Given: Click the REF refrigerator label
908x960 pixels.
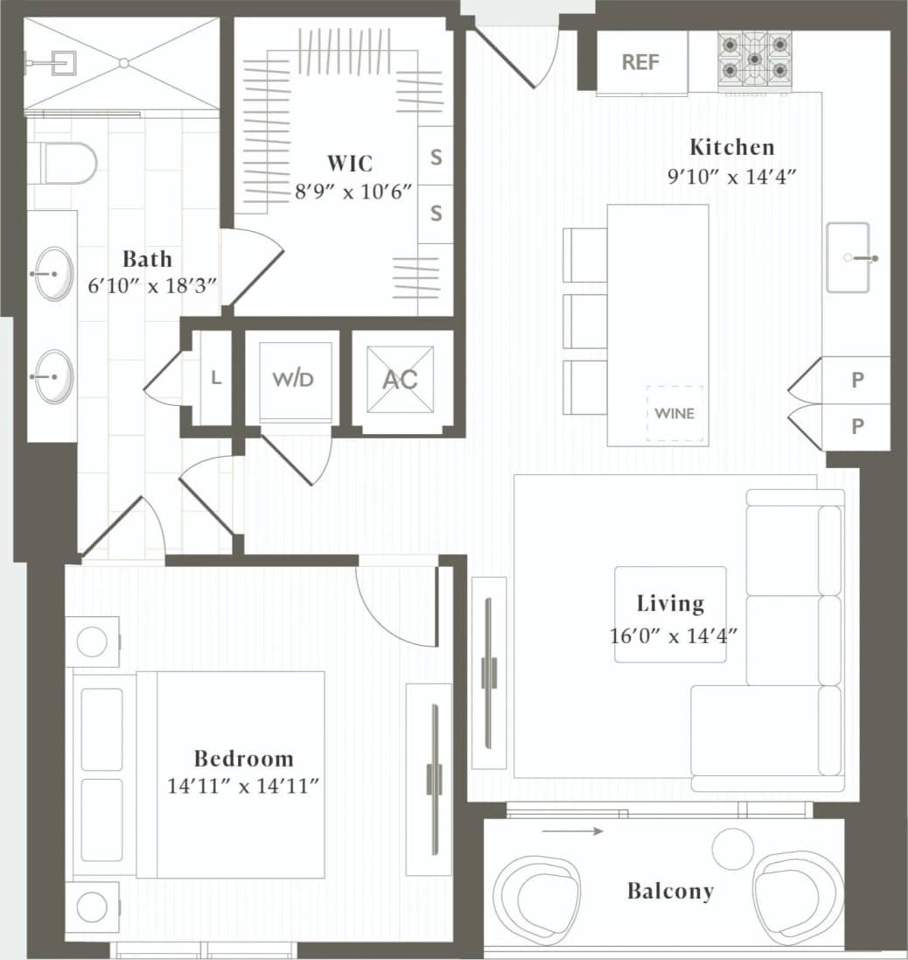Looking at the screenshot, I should pyautogui.click(x=640, y=62).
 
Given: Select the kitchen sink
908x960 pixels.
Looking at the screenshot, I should pyautogui.click(x=849, y=257).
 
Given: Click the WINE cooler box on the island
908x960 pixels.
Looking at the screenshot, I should pyautogui.click(x=674, y=412).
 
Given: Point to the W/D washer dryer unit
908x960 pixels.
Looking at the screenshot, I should pyautogui.click(x=292, y=379).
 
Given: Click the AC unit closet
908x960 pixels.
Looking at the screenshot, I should pyautogui.click(x=401, y=379).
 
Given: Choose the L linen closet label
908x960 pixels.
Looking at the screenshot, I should pyautogui.click(x=216, y=378).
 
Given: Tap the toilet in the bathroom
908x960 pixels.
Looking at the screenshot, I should pyautogui.click(x=68, y=164).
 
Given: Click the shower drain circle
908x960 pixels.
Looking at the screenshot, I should pyautogui.click(x=124, y=62).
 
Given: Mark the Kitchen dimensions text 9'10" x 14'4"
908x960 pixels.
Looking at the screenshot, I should pyautogui.click(x=731, y=174).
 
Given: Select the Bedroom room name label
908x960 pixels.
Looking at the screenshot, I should pyautogui.click(x=243, y=758).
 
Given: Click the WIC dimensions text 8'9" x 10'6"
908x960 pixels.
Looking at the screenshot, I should pyautogui.click(x=353, y=191).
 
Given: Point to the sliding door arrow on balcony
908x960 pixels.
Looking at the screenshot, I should pyautogui.click(x=572, y=830).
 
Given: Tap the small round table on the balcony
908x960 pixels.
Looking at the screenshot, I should pyautogui.click(x=732, y=848).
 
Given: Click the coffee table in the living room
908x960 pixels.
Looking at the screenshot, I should pyautogui.click(x=670, y=614).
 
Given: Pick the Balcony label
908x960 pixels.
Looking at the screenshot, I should pyautogui.click(x=670, y=891).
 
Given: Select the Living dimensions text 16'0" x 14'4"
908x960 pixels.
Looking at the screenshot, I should pyautogui.click(x=669, y=635).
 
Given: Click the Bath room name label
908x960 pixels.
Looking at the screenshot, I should pyautogui.click(x=147, y=259).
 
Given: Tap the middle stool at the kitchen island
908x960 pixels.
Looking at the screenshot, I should pyautogui.click(x=584, y=321).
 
